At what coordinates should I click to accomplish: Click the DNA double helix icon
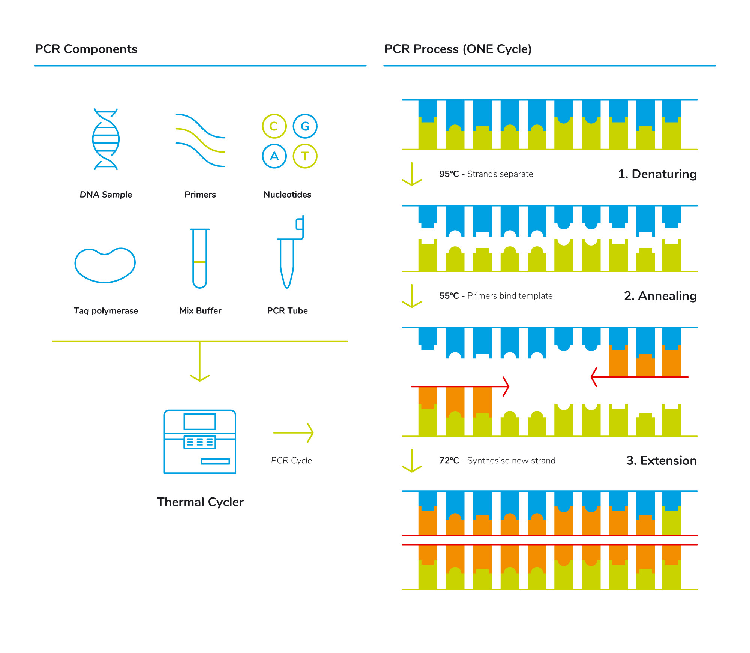[106, 139]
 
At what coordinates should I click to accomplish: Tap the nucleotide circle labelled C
[274, 126]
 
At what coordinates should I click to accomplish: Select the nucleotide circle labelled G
[305, 126]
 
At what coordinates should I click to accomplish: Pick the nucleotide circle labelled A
[274, 156]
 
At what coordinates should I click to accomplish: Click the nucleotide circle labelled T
[305, 156]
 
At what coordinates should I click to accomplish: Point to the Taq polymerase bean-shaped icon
[105, 265]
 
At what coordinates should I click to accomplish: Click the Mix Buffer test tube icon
[199, 258]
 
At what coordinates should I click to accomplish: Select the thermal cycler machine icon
[199, 442]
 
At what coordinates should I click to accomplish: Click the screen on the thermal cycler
[199, 422]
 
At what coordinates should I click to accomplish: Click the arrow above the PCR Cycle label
[293, 433]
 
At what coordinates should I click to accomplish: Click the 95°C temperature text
[449, 174]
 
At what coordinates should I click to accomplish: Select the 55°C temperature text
[449, 296]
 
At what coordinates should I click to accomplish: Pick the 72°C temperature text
[449, 460]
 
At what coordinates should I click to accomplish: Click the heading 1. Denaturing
[657, 174]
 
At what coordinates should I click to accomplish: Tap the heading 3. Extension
[661, 460]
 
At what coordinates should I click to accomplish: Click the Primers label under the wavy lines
[200, 195]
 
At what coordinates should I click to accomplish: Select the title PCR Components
[86, 49]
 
